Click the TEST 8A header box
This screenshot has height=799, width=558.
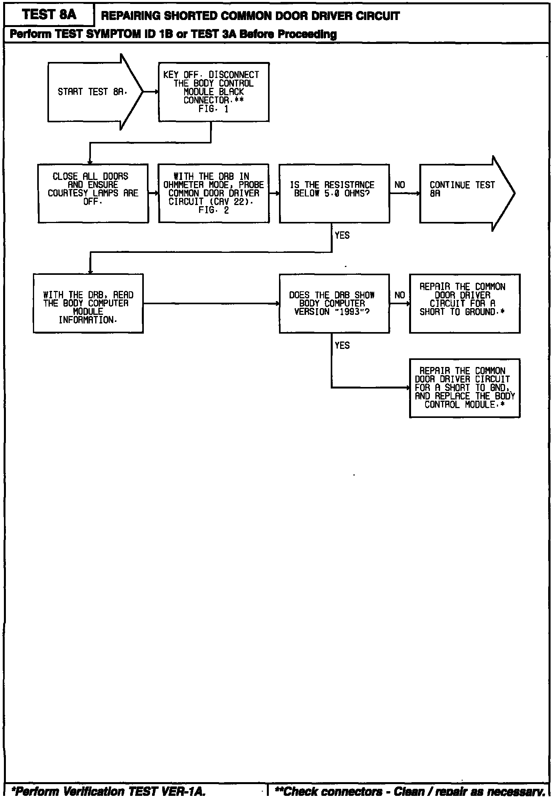pos(49,15)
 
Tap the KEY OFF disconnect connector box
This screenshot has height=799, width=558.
pos(214,92)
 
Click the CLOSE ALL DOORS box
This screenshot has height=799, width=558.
pos(93,193)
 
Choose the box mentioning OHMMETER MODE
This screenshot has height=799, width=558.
pos(214,193)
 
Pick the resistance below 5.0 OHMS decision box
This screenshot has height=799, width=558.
pos(334,193)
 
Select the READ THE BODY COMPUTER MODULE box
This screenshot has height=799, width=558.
pos(88,303)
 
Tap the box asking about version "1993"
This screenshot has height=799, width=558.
pos(334,303)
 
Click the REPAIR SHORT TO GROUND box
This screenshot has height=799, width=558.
pos(464,303)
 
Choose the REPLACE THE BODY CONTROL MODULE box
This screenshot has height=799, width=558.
pos(464,388)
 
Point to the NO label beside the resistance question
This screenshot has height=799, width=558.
pos(400,185)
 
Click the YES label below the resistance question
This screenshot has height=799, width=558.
pos(342,235)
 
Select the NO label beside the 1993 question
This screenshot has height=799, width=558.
pos(400,295)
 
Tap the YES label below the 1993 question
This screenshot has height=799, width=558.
pos(342,345)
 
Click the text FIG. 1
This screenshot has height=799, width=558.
pos(214,109)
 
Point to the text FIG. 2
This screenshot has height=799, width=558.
pos(214,210)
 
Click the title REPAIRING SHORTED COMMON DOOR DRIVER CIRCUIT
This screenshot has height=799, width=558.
pos(250,16)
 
